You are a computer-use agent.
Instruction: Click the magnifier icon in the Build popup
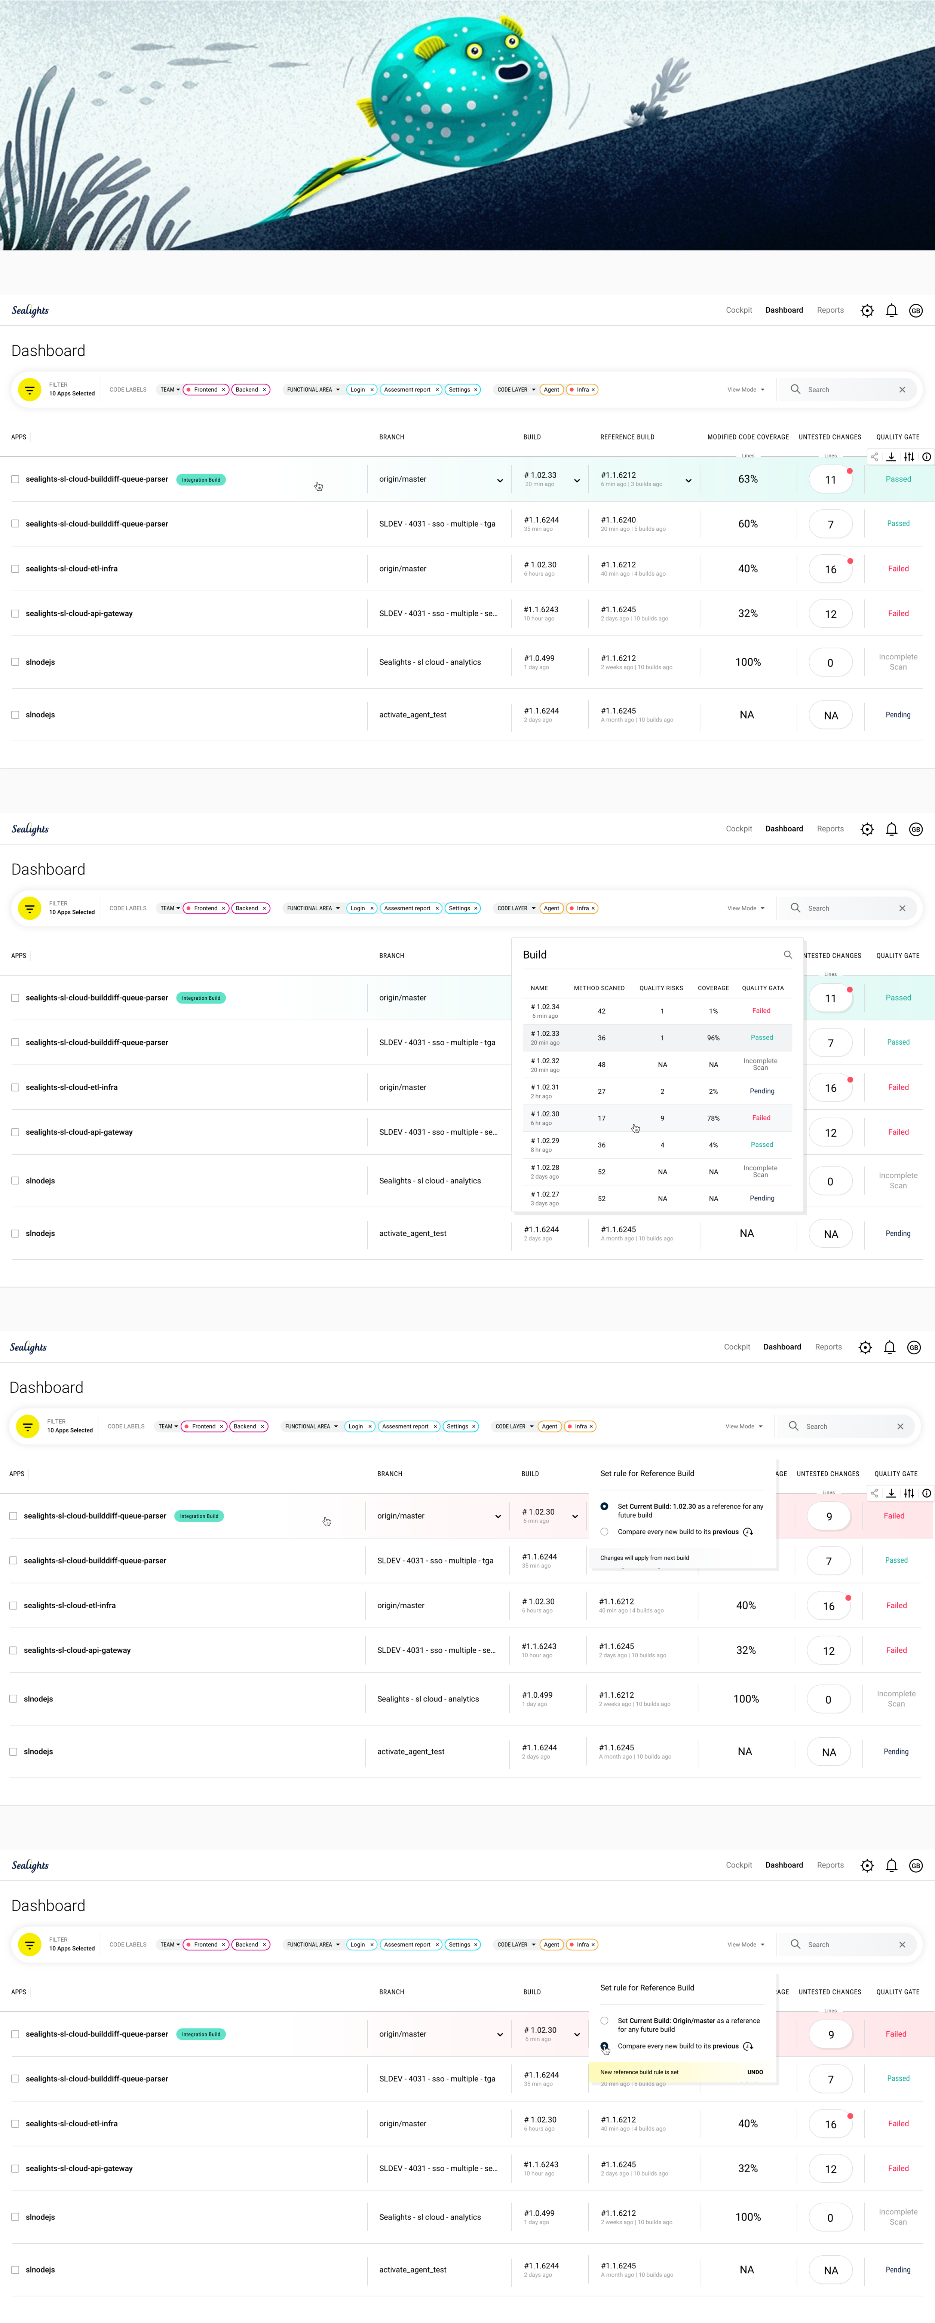coord(787,954)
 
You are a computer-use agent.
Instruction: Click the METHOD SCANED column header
coord(599,987)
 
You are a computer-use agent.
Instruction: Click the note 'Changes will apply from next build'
coord(645,1557)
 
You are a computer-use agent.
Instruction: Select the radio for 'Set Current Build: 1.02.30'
coord(604,1506)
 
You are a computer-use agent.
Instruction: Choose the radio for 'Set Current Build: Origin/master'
coord(604,2020)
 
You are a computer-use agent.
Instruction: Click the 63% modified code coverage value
coord(748,479)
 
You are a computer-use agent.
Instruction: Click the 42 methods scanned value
coord(601,1011)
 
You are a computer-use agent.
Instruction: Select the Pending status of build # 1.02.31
coord(762,1091)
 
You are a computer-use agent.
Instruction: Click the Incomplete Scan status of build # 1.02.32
coord(760,1064)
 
